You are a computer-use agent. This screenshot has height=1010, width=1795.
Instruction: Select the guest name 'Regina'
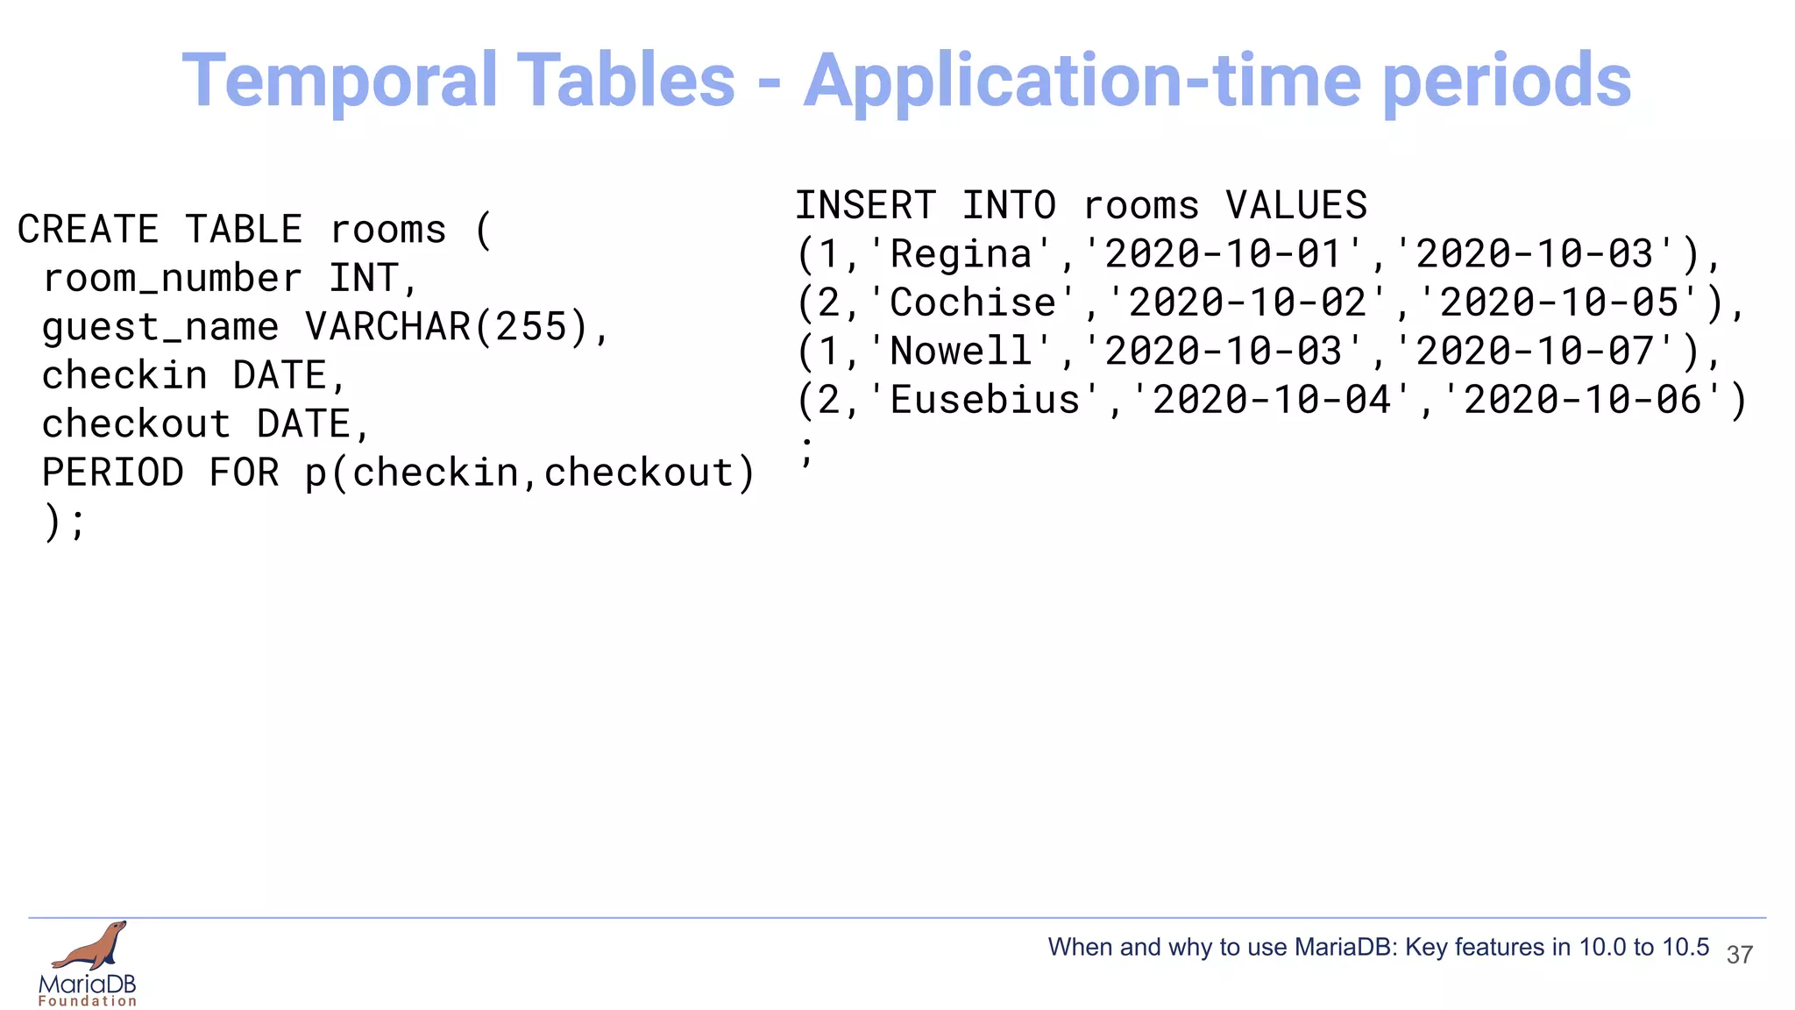[x=961, y=254]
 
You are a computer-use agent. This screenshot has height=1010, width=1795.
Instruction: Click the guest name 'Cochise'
[x=973, y=302]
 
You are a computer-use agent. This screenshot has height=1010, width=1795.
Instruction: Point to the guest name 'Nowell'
[x=961, y=352]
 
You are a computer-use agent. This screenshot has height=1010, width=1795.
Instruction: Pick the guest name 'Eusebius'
[x=985, y=400]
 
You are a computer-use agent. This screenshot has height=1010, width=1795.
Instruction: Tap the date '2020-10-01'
[x=1224, y=254]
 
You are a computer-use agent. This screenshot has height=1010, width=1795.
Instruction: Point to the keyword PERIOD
[x=113, y=473]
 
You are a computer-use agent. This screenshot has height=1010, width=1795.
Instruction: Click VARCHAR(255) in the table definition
[x=446, y=327]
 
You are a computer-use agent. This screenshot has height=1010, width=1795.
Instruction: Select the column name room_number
[x=173, y=279]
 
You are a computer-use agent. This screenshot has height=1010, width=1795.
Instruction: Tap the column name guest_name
[x=160, y=327]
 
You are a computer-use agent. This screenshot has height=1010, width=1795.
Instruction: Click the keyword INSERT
[x=866, y=206]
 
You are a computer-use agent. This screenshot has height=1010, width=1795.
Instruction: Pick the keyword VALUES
[x=1296, y=206]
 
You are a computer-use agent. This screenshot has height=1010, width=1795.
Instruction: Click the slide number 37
[x=1739, y=955]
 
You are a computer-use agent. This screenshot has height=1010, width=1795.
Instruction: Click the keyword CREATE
[x=89, y=230]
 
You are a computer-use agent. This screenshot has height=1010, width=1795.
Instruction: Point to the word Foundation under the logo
[x=88, y=1001]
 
